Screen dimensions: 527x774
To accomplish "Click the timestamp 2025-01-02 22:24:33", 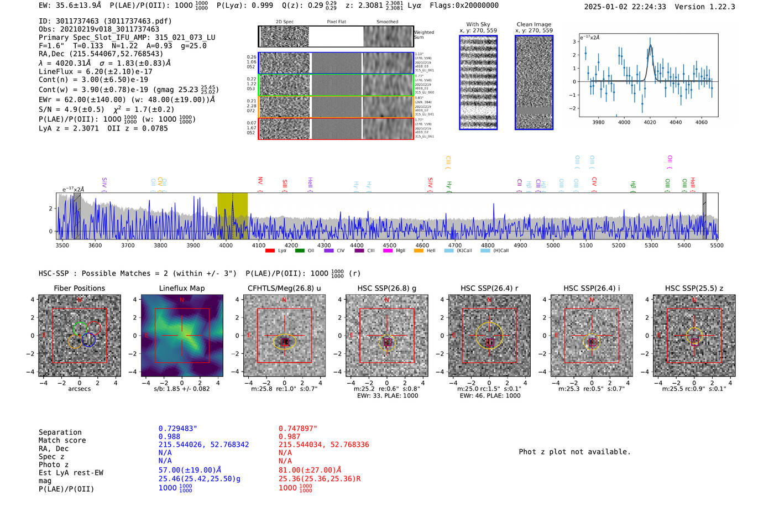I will coord(625,7).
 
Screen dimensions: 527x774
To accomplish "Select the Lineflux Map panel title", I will coord(181,288).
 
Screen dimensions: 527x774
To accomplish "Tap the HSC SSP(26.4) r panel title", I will coord(489,288).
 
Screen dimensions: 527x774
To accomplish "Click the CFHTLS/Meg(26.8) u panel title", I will coord(284,288).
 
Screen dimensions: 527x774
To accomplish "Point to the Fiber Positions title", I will coord(79,288).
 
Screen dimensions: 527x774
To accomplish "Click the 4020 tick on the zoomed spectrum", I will coord(650,122).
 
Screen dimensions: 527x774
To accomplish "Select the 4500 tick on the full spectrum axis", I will coord(389,246).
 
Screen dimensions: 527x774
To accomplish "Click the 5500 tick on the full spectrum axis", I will coord(717,246).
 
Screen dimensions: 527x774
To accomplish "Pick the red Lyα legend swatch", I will coord(270,251).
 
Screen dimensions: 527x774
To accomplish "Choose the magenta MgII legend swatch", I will coord(388,251).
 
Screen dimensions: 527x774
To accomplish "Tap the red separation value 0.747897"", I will coord(298,429).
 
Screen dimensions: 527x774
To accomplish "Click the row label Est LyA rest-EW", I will coord(71,473).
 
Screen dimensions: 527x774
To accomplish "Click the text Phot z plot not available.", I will coord(574,452).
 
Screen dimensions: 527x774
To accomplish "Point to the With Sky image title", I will coord(478,24).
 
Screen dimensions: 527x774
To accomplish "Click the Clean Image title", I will coord(534,24).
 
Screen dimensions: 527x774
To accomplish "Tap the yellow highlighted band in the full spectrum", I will coord(232,216).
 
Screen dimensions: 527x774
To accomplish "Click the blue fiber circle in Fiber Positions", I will coord(88,340).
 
